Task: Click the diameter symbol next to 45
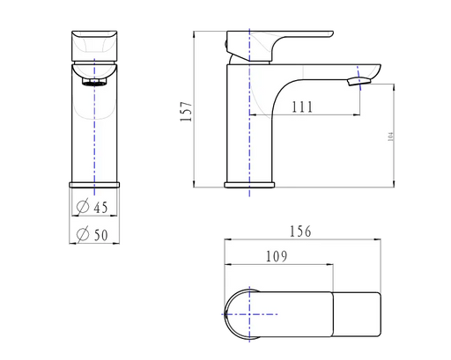82,208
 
